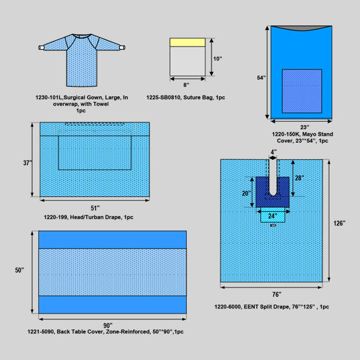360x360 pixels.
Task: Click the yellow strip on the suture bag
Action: [187, 43]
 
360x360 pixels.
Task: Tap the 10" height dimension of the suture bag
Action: [217, 59]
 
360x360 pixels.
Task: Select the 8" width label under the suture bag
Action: [186, 85]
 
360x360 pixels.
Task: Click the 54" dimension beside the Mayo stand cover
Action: [261, 78]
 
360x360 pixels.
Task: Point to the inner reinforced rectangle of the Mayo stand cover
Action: [302, 91]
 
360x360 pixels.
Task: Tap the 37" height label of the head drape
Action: [27, 162]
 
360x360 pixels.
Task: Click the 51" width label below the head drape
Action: [95, 208]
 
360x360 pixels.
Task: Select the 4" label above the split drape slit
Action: [273, 152]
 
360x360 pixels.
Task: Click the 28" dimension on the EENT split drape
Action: [299, 178]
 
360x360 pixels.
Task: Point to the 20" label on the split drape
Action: [247, 193]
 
